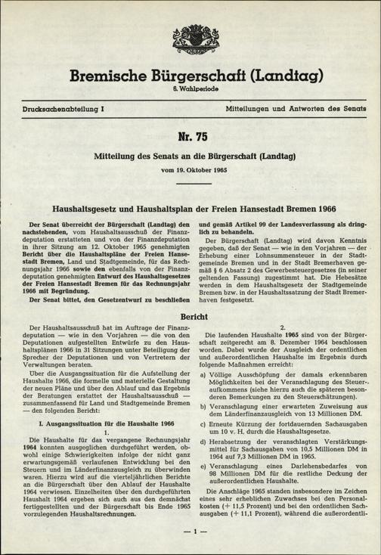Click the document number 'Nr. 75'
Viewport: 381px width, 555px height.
tap(190, 138)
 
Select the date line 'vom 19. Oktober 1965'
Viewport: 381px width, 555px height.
tap(190, 171)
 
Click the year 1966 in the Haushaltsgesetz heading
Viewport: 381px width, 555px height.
tap(336, 207)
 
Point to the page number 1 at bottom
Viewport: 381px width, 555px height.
tap(190, 532)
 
